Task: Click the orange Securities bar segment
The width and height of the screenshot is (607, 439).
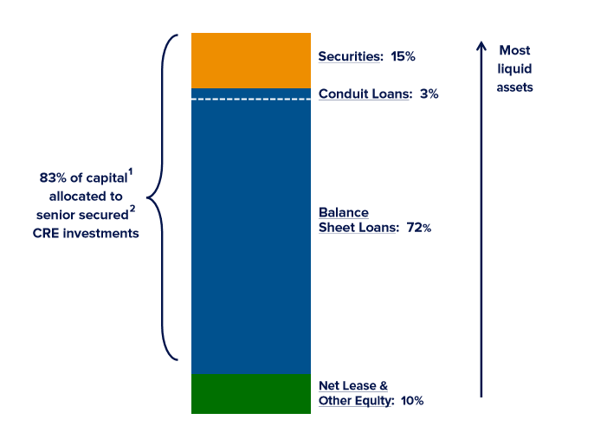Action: [x=250, y=60]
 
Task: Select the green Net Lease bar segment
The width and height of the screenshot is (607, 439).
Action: [x=250, y=393]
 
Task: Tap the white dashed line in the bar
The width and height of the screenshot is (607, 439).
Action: [x=250, y=100]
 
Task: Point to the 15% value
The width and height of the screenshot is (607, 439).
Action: [x=403, y=56]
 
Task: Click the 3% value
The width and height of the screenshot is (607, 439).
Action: [x=429, y=94]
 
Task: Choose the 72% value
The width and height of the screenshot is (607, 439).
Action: [x=418, y=228]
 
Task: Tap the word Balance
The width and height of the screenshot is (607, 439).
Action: [x=344, y=212]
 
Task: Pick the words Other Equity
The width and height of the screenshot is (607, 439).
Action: [x=353, y=401]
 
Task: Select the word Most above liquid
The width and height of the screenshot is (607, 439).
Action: [x=514, y=50]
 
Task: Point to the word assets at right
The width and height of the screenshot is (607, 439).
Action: [x=514, y=87]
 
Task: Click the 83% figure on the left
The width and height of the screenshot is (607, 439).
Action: [x=54, y=178]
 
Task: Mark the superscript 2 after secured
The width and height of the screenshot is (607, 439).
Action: [x=132, y=208]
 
